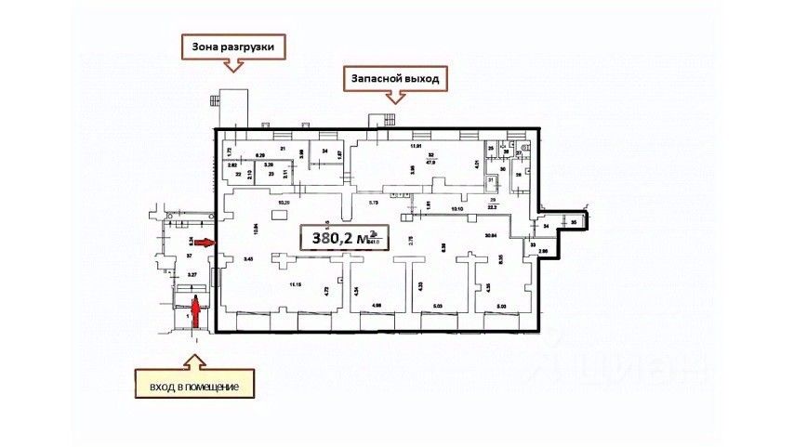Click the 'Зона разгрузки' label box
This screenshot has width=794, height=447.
tap(232, 46)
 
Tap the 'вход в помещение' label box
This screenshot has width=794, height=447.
tap(193, 385)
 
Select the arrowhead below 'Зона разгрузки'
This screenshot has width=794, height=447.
tap(232, 66)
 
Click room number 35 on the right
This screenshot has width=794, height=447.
tap(575, 223)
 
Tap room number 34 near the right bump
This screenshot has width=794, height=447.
tap(548, 226)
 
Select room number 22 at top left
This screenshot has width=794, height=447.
tap(238, 174)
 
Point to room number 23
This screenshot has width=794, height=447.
tap(271, 174)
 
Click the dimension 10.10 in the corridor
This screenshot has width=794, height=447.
tap(457, 209)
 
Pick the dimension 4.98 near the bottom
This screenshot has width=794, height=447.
tap(377, 304)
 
